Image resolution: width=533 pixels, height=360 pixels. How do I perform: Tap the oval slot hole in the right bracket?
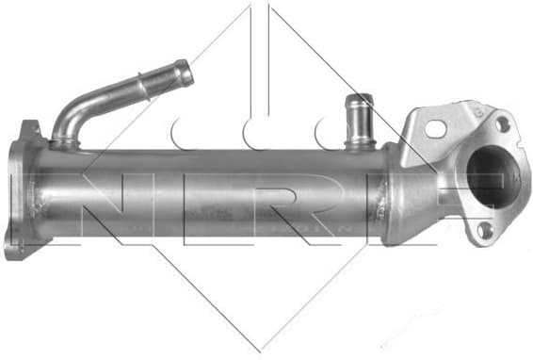point(436,127)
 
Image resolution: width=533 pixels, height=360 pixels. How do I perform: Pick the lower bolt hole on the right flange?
point(485,229)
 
